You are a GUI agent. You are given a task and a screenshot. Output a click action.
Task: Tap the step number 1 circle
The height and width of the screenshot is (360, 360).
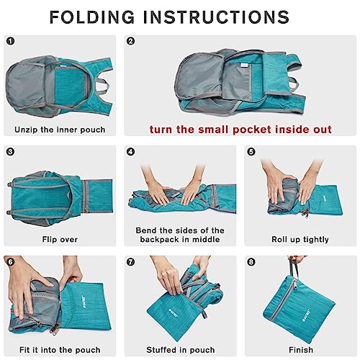(x=11, y=42)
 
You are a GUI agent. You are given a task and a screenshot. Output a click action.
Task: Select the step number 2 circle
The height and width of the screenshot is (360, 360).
(x=131, y=42)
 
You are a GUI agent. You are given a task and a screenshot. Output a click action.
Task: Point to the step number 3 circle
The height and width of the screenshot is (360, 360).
(x=11, y=152)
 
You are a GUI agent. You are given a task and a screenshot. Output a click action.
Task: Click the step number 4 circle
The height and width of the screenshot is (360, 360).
(x=131, y=152)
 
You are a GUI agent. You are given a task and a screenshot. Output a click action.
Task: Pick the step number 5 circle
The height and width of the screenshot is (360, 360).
(x=251, y=152)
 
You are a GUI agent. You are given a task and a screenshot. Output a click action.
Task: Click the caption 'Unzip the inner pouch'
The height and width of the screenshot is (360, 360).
(x=60, y=130)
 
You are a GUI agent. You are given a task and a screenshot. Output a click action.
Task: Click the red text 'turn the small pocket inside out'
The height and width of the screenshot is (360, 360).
(x=240, y=130)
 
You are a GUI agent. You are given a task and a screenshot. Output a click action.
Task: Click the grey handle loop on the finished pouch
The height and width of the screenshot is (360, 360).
(x=295, y=268)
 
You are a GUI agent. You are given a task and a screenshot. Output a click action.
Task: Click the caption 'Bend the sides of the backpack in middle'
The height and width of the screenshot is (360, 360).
(x=179, y=235)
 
